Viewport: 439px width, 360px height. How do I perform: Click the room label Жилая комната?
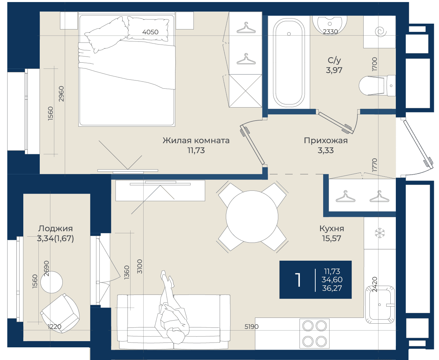tap(196, 140)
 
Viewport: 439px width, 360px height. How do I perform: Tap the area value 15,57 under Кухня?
tap(332, 238)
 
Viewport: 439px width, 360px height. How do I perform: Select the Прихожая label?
tap(326, 141)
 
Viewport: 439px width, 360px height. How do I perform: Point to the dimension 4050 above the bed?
tap(150, 32)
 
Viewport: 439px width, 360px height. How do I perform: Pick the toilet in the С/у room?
tap(377, 86)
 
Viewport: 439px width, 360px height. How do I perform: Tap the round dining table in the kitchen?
tap(252, 216)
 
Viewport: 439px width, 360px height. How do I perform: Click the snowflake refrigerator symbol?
tap(380, 233)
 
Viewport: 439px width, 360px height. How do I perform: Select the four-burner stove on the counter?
tap(315, 333)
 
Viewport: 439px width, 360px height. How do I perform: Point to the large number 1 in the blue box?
tap(298, 280)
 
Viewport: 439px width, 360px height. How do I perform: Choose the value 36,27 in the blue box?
tap(332, 288)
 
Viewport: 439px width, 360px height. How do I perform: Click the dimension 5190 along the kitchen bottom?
tap(252, 327)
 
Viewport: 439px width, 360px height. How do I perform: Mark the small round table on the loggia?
tap(51, 282)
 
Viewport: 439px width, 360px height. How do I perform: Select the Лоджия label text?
tap(56, 228)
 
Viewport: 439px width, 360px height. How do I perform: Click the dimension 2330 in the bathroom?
tap(330, 32)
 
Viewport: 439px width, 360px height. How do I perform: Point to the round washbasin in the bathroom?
tap(330, 24)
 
